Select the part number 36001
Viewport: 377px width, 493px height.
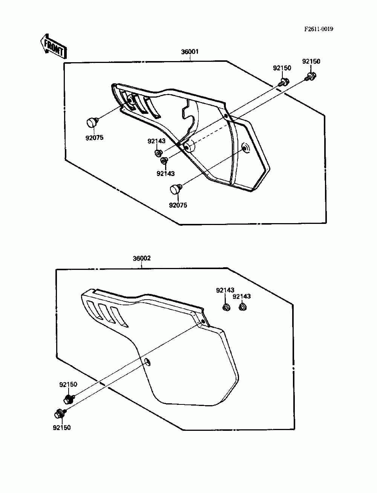[190, 52]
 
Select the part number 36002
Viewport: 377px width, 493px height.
[142, 259]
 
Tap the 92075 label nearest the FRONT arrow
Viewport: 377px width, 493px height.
[94, 138]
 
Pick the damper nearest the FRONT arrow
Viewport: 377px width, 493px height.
[92, 122]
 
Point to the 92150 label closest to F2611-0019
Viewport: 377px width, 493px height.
[311, 61]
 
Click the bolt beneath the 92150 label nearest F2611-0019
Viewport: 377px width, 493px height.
[311, 77]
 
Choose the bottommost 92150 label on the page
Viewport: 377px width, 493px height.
[62, 427]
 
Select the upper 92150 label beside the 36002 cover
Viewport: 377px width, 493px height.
[68, 384]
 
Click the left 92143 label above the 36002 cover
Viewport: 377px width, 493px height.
[225, 290]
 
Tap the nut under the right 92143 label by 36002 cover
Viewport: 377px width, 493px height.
[242, 308]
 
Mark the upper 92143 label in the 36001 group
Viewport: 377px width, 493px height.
[156, 141]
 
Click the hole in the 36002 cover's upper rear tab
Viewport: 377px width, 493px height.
[204, 321]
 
